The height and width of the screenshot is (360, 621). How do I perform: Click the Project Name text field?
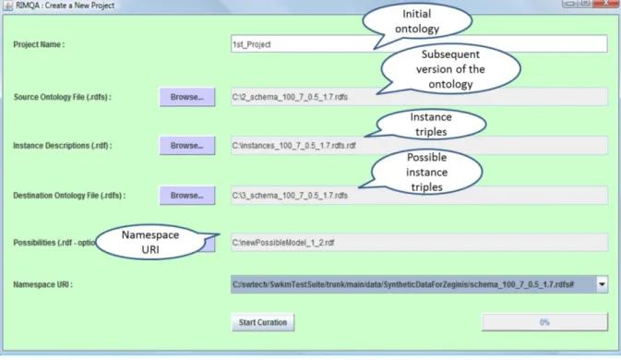(301, 44)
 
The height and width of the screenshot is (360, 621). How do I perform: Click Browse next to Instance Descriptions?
(187, 145)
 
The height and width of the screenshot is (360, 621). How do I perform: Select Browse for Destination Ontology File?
(187, 196)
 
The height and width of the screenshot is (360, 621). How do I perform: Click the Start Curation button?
(263, 322)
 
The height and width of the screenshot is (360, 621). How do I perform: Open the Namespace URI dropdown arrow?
(602, 284)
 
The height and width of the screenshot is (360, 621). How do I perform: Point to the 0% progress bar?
(544, 322)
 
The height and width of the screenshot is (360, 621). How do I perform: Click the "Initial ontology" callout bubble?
(417, 21)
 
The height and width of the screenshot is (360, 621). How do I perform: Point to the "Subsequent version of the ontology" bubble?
(450, 69)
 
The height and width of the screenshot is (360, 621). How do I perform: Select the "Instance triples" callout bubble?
(431, 125)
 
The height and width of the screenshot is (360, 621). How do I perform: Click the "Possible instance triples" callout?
(426, 172)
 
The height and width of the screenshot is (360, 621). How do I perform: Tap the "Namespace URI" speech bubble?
(150, 242)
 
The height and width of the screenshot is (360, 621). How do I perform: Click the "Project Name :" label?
(39, 44)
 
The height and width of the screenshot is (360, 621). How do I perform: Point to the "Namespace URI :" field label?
(42, 284)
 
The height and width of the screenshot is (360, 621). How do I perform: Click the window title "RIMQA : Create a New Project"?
(65, 6)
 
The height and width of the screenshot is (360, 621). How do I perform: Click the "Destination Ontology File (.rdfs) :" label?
(69, 196)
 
